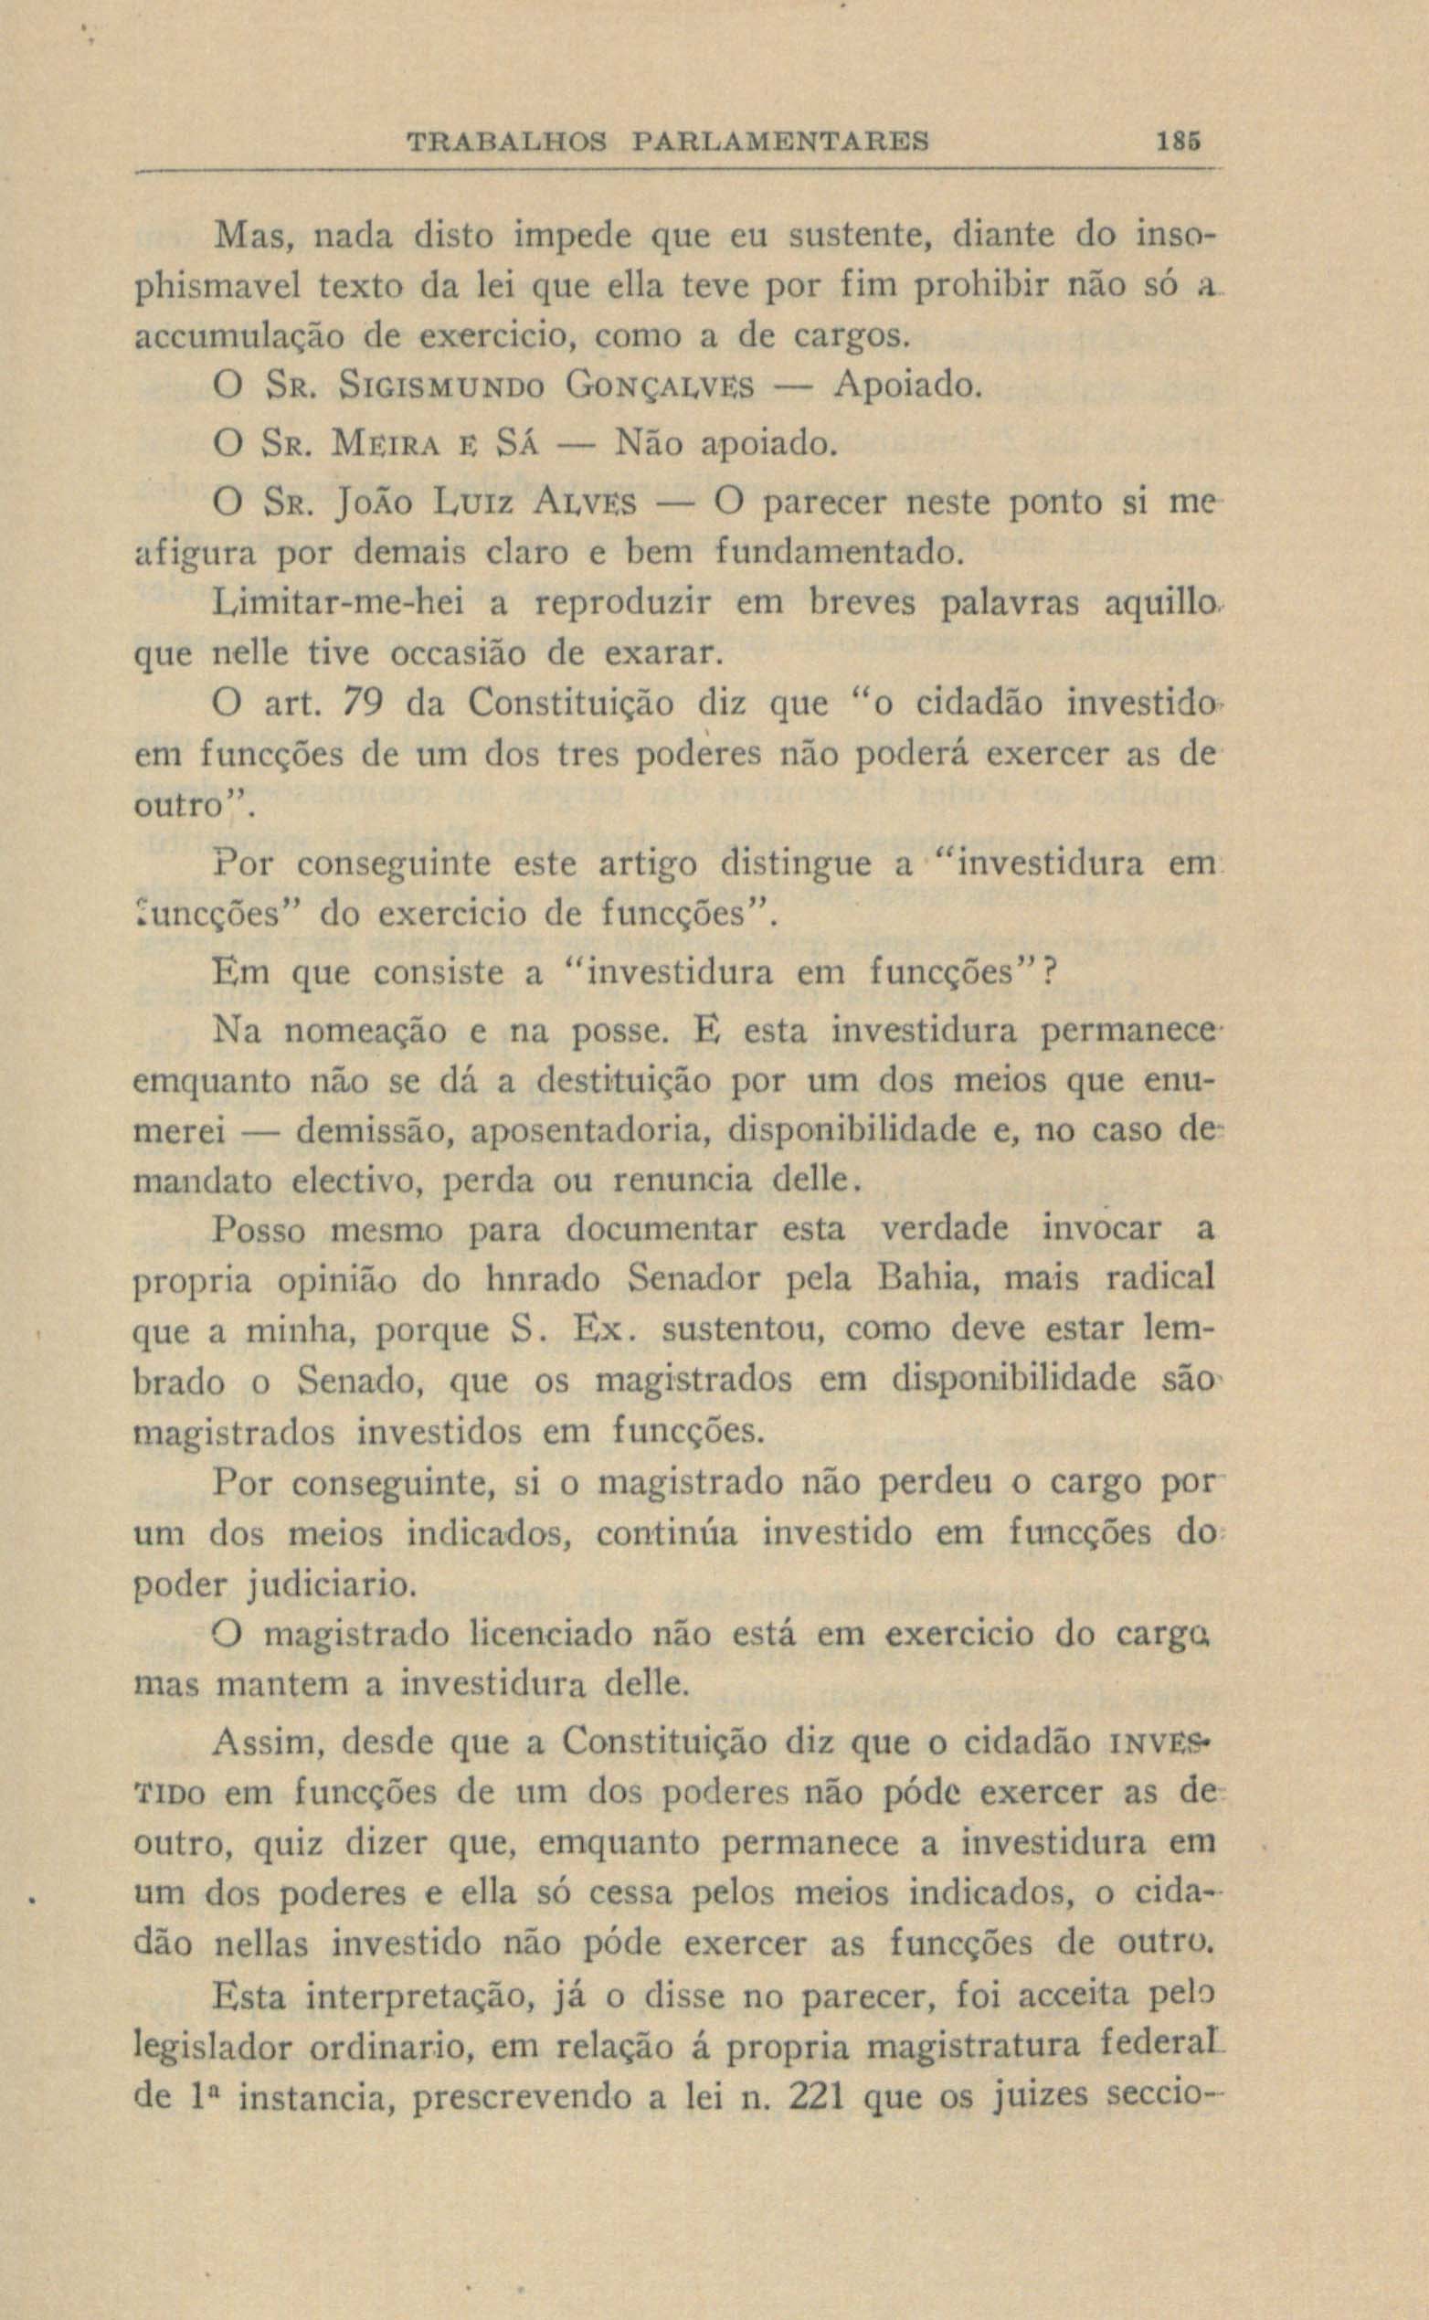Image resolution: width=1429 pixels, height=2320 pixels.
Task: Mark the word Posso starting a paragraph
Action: [x=259, y=1231]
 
